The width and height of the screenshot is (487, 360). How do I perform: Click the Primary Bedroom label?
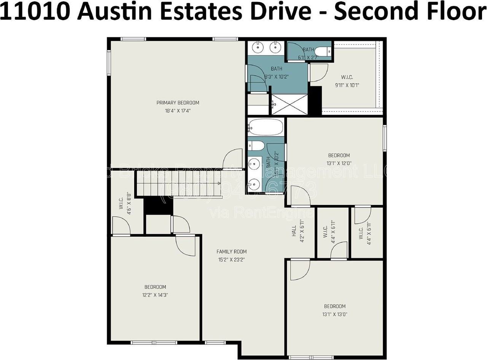click(x=178, y=102)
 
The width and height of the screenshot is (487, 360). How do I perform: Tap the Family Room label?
click(x=231, y=252)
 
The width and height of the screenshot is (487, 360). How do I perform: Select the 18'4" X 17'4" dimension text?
click(x=178, y=111)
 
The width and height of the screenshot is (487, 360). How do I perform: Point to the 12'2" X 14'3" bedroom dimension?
click(x=155, y=295)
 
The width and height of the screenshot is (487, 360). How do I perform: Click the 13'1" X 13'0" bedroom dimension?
click(x=335, y=314)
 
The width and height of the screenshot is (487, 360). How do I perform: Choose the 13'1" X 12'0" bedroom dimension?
click(x=339, y=163)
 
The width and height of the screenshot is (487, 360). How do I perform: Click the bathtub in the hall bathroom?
click(x=266, y=127)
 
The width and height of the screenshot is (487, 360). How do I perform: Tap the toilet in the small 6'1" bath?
click(x=323, y=51)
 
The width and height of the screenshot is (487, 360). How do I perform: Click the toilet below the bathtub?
click(x=256, y=145)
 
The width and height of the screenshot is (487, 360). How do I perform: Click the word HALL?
click(x=294, y=231)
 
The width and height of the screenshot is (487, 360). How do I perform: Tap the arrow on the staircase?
click(x=219, y=183)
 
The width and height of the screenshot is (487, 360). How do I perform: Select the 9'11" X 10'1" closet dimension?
click(x=347, y=85)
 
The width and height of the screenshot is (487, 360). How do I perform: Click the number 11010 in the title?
click(x=36, y=11)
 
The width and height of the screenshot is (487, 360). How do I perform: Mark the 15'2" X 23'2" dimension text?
click(x=231, y=260)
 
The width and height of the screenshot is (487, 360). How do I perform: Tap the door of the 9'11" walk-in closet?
click(x=318, y=72)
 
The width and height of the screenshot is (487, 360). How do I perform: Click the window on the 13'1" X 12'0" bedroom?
click(x=385, y=138)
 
